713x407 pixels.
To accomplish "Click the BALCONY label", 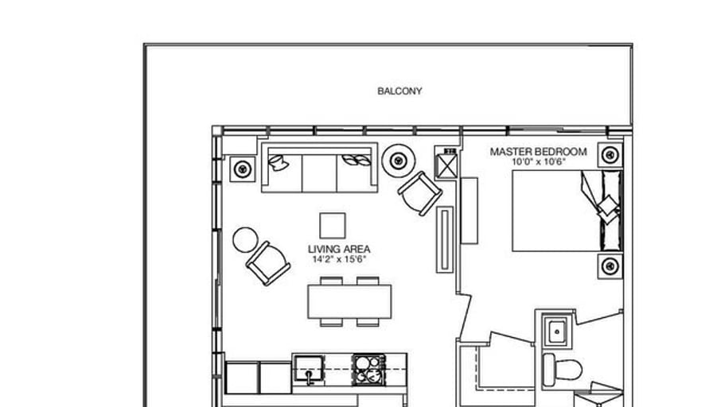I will pos(399,91).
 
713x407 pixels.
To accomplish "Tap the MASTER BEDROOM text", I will pos(538,152).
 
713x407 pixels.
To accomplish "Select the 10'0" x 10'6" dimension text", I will pos(538,162).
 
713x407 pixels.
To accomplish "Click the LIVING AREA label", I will pos(339,249).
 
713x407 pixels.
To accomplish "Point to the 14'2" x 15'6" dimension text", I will pos(339,259).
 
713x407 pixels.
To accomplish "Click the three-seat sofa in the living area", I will pos(319,169).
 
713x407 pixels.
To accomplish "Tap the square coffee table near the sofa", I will pos(333,225).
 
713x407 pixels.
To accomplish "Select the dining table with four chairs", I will pos(350,302).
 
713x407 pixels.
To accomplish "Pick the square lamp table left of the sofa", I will pos(242,169).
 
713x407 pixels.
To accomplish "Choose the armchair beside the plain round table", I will pos(268,263).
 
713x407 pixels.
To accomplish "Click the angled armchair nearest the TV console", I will pos(419,192).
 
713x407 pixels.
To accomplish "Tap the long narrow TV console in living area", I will pos(445,239).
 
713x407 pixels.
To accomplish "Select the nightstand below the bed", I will pos(610,266).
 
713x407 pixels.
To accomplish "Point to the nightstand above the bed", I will pos(610,154).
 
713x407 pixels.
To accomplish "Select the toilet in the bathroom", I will pos(562,369).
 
